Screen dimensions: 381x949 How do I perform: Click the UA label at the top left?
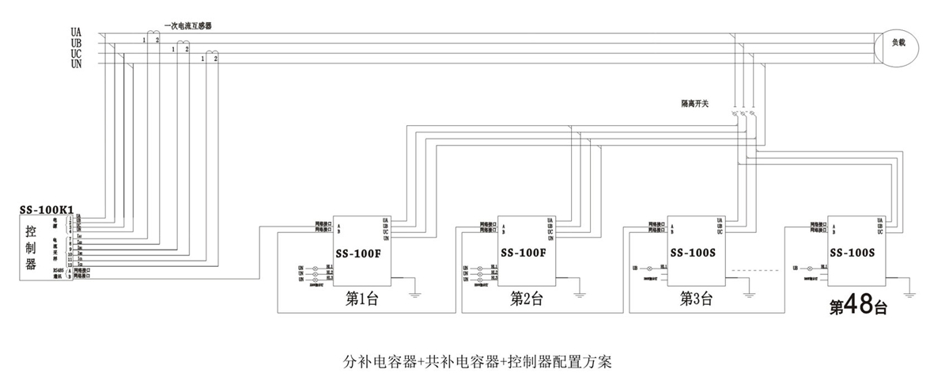(76, 31)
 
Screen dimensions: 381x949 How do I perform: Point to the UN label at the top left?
(76, 63)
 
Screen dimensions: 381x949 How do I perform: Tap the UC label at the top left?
(76, 53)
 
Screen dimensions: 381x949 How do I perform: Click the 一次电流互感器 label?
(187, 26)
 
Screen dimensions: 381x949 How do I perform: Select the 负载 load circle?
(899, 44)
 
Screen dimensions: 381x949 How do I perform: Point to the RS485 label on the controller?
(56, 270)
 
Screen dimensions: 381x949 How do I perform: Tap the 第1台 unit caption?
(363, 299)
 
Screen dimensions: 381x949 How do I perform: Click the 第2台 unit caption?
(527, 299)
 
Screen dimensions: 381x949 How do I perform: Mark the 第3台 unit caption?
(697, 299)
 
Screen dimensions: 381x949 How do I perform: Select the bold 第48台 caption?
(857, 305)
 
